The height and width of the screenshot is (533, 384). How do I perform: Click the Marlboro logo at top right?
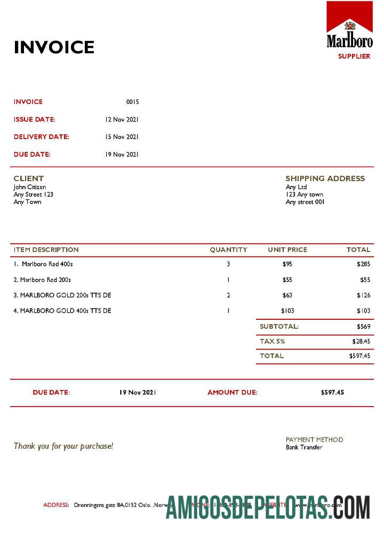(349, 25)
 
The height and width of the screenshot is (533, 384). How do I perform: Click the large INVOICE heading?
(54, 47)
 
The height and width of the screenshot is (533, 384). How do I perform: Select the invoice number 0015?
(132, 102)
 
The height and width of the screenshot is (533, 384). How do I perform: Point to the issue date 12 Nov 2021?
(122, 119)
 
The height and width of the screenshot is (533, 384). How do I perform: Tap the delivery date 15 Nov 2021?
(122, 137)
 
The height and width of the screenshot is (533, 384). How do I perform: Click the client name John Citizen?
(30, 187)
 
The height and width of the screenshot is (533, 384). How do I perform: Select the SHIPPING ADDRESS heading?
(325, 179)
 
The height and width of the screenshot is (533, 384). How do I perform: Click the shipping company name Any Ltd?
(296, 187)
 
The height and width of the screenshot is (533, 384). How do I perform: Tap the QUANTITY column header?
(228, 249)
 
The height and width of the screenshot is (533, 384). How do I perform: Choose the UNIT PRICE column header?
(287, 249)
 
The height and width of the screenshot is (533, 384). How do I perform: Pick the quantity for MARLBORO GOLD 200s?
(228, 295)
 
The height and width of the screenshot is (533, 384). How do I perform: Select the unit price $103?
(287, 311)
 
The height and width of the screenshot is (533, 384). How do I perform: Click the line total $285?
(363, 264)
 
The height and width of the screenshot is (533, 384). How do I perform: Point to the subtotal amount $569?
(363, 326)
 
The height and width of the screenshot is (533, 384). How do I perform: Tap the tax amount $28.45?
(361, 341)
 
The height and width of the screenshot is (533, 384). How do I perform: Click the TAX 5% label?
(272, 341)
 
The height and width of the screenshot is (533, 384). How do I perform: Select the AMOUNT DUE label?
(232, 392)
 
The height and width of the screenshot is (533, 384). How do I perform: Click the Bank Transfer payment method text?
(304, 447)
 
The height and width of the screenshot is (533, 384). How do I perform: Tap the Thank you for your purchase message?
(63, 446)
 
